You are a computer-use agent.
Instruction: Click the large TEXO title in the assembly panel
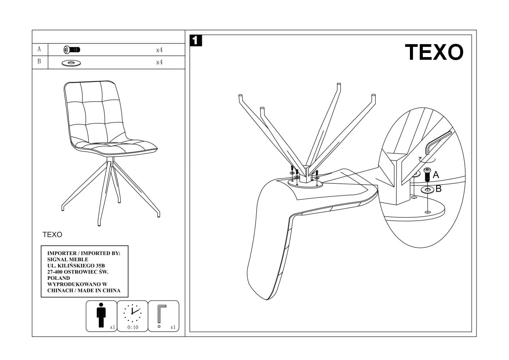434,52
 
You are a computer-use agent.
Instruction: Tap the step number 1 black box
196,41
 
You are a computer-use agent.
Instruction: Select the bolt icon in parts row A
72,50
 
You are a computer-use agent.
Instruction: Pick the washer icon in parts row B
71,63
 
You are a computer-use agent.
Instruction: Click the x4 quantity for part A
159,50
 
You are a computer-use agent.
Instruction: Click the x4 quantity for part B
159,62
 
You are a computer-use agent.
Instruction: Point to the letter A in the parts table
39,49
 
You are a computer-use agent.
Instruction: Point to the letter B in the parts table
39,61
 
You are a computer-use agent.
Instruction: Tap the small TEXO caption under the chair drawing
52,235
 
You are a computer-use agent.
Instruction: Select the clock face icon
132,313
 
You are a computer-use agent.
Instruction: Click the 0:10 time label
133,327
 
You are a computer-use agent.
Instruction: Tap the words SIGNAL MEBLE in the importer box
68,259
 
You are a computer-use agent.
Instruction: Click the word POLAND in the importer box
58,278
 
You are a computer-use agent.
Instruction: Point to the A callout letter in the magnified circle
436,175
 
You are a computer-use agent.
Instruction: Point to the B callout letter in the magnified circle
438,188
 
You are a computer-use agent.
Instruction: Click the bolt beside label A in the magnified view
427,174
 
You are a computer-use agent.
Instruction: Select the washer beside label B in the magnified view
428,189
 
